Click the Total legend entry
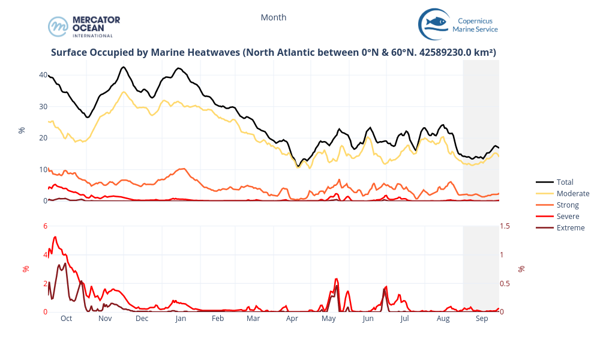pos(565,182)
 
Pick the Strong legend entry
pos(568,205)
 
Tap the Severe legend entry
pos(568,216)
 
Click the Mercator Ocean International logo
pos(84,26)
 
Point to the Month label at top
pos(274,17)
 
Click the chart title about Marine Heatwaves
pos(274,52)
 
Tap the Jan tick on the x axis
pos(181,319)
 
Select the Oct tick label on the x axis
pos(66,319)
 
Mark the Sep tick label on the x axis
pos(482,319)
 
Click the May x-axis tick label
pos(329,319)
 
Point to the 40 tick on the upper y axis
pos(43,75)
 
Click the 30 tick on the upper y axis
pos(43,107)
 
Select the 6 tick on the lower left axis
pos(45,226)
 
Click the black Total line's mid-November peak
pos(124,67)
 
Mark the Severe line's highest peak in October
pos(55,237)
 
